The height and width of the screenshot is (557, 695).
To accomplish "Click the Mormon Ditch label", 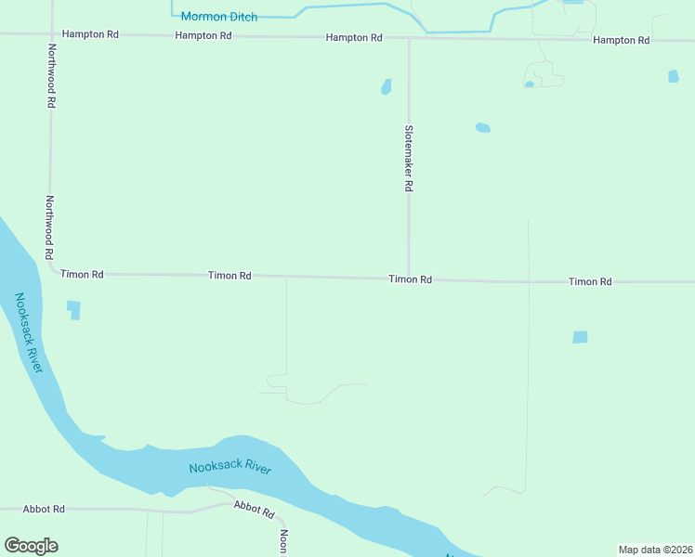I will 219,17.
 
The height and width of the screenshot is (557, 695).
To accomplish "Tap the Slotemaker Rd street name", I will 408,159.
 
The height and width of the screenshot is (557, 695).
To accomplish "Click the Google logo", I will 31,546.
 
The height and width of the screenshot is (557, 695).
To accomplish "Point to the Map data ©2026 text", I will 655,550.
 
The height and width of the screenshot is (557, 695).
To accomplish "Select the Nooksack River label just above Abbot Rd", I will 229,468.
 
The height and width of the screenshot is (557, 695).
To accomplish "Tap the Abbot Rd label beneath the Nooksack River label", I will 255,509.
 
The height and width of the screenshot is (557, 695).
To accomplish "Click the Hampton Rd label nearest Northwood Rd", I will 90,34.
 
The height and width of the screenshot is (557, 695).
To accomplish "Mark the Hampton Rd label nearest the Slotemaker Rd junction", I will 354,38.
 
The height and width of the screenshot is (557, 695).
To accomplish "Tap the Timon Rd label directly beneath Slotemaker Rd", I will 410,278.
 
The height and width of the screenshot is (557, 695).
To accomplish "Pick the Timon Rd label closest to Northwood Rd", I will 82,275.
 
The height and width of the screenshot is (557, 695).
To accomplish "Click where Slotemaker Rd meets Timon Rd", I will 408,278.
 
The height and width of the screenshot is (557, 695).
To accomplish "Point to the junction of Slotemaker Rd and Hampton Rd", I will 409,39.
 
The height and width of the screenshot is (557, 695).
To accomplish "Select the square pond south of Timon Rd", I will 580,337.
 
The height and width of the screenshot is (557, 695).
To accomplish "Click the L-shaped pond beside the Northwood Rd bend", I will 73,309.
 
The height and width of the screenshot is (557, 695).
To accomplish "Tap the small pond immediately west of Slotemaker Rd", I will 386,87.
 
